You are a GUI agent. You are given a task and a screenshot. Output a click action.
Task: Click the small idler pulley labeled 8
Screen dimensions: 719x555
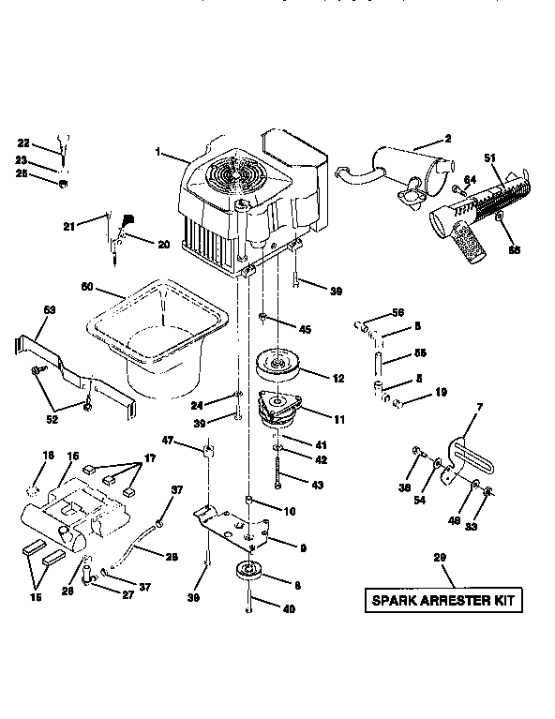click(250, 571)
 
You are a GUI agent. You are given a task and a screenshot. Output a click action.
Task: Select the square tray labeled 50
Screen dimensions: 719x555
click(155, 333)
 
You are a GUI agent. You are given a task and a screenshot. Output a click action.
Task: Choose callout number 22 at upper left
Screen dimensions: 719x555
click(24, 142)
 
